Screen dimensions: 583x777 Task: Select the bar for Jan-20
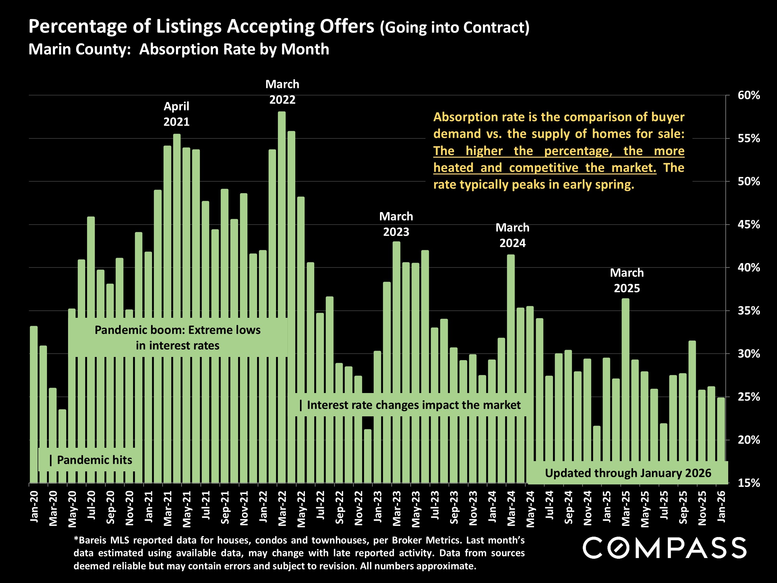tap(34, 404)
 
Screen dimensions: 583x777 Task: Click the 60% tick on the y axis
tap(748, 95)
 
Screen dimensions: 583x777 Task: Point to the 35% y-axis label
tap(748, 311)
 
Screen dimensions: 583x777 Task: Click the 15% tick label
tap(748, 483)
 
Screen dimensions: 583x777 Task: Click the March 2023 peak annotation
tap(396, 224)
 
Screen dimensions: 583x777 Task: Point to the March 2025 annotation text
tap(627, 280)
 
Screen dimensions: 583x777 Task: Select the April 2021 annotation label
tap(176, 114)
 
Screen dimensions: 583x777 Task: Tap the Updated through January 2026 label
tap(628, 473)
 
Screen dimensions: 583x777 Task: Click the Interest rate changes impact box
tap(410, 405)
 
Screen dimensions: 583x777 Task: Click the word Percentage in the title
tap(78, 26)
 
